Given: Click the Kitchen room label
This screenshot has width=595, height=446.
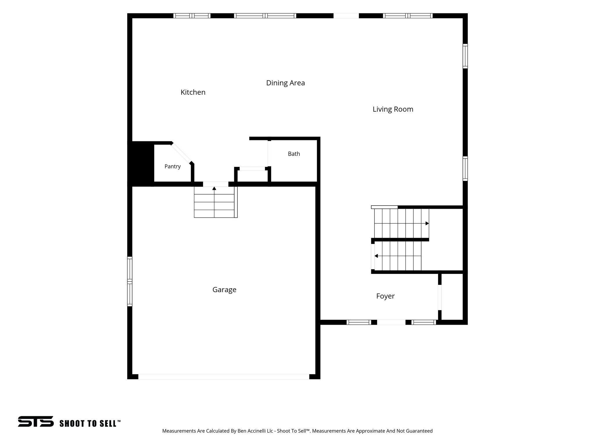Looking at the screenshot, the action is [x=193, y=92].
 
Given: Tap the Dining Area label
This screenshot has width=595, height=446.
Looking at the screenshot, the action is [x=286, y=83].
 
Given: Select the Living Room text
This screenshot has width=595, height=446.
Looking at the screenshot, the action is [x=393, y=109].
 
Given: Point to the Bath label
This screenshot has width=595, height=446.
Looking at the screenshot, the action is [x=294, y=154].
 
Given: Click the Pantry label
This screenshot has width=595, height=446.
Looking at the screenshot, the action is [x=173, y=166].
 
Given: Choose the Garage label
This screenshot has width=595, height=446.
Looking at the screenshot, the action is [x=224, y=290].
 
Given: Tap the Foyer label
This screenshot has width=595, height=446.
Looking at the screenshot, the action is [x=385, y=296].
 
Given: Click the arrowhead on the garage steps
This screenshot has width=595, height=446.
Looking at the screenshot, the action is [x=214, y=188].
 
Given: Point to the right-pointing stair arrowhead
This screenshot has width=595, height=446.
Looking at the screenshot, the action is [x=427, y=223].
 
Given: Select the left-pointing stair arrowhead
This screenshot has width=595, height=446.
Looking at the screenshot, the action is [x=376, y=256].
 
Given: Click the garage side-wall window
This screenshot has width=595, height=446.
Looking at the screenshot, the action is [x=130, y=281].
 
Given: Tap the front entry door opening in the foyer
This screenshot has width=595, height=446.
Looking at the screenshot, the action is [x=391, y=322].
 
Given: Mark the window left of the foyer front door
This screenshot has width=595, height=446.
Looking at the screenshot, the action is [x=359, y=322].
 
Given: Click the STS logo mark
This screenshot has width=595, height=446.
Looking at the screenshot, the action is [x=36, y=421].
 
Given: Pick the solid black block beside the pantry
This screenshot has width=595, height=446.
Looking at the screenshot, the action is [x=141, y=163].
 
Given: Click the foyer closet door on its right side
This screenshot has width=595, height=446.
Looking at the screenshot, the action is [x=440, y=297].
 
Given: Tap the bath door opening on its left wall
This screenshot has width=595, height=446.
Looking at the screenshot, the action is [x=269, y=154].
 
